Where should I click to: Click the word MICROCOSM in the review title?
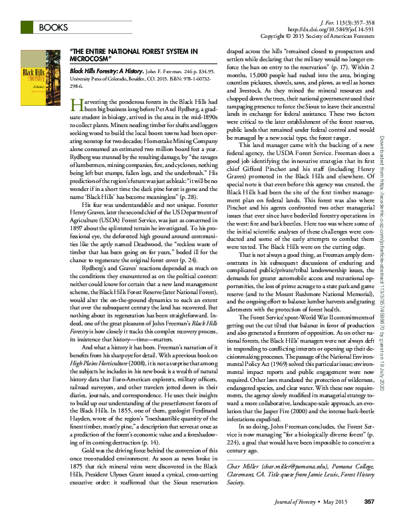[x=91, y=58]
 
